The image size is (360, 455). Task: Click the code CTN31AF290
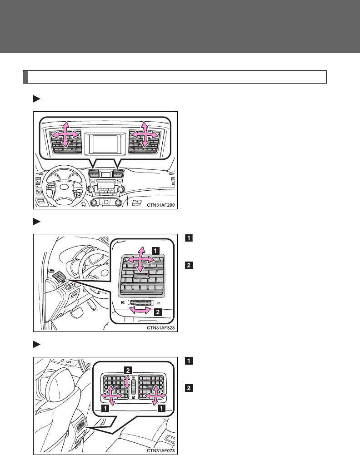160,205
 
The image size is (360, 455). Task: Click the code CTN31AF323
160,326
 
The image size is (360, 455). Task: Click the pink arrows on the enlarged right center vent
145,135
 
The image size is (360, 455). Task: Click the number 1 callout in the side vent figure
155,249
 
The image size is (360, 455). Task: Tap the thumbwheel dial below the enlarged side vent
141,302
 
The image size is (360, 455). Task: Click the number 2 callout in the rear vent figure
128,371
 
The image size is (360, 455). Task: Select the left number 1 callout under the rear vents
105,409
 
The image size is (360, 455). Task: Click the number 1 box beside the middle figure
188,237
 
